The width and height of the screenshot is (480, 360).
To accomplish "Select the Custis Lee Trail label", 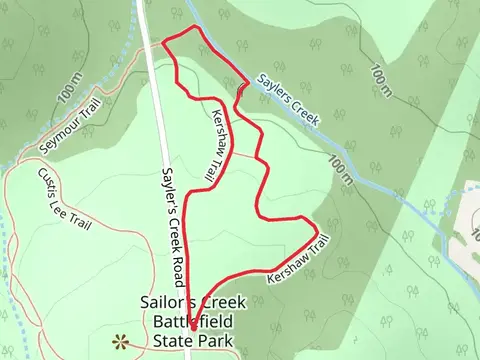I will (64, 198).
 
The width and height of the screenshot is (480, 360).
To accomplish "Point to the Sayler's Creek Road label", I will (175, 214).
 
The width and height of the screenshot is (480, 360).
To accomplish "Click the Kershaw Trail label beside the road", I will (216, 145).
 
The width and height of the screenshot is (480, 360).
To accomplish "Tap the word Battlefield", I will (193, 322).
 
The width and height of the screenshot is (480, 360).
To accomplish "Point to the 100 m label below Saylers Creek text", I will (341, 169).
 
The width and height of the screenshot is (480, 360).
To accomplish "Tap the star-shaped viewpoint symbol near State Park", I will (121, 342).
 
